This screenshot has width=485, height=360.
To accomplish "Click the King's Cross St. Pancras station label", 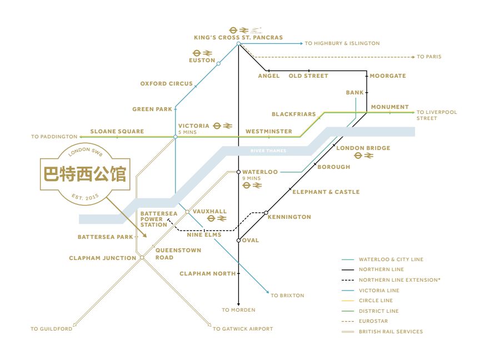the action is coord(238,38).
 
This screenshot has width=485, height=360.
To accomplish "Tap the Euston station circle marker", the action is coord(218,64).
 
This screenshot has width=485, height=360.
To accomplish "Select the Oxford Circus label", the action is coord(166,84).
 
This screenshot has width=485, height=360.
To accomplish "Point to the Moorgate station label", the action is coord(388,76).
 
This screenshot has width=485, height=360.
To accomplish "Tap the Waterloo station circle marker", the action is coord(238,172).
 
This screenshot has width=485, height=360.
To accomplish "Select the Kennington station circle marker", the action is coord(266,213).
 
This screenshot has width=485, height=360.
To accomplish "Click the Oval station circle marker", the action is coord(238,241).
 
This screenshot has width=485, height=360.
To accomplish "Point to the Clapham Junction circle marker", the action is coord(142,258).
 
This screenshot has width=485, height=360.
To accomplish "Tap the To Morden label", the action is coord(238,310).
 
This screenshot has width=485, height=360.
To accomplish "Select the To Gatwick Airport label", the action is coord(243,329).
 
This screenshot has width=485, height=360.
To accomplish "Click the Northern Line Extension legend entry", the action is coord(399,280).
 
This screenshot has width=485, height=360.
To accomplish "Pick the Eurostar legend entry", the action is coord(373,321).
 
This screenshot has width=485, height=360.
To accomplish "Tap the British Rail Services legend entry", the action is coord(391,332).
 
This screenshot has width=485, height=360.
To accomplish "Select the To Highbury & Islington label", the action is coord(342,43).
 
